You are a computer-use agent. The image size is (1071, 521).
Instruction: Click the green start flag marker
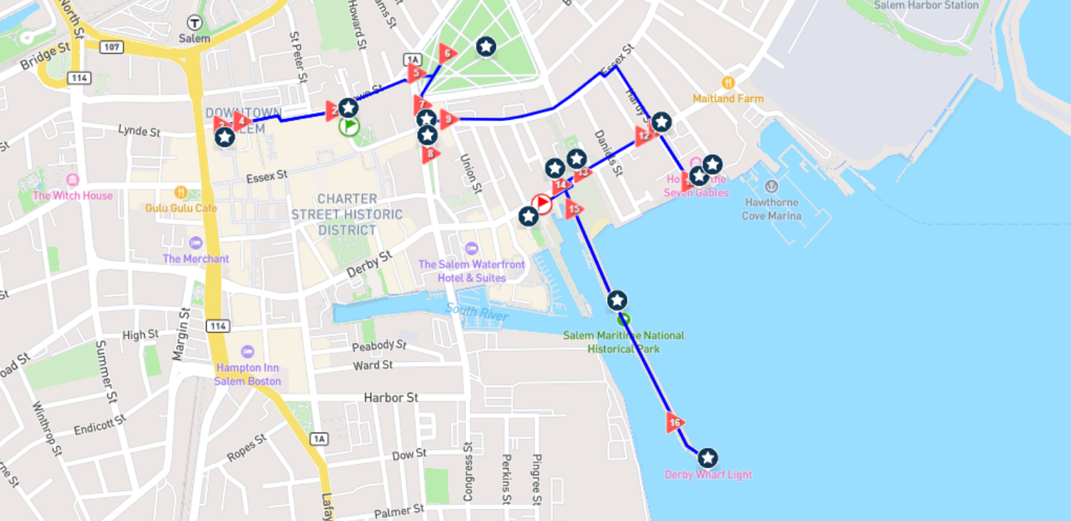(x=349, y=127)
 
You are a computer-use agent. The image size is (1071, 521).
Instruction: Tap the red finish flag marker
(x=542, y=205)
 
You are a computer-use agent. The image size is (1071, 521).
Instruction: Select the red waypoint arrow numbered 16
(x=675, y=423)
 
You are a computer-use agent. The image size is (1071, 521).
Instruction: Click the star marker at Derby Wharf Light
(x=707, y=458)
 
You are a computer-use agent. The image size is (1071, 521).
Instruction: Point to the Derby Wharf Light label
(x=708, y=475)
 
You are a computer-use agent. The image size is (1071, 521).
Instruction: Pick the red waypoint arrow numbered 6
(x=447, y=53)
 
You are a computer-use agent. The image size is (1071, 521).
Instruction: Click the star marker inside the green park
(x=486, y=47)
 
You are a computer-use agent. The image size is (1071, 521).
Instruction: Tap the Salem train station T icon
(x=195, y=22)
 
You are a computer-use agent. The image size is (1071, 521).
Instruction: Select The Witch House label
(x=73, y=195)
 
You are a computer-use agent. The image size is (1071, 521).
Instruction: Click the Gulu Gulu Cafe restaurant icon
(x=181, y=192)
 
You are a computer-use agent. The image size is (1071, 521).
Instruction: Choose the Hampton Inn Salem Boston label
(x=247, y=374)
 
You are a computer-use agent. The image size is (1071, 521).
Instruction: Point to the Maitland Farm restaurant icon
(x=728, y=83)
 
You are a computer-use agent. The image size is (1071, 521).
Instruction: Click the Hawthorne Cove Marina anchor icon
(x=771, y=187)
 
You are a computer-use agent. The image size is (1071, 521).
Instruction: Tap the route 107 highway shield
(x=113, y=47)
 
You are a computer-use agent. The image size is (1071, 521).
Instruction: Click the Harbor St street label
(x=390, y=397)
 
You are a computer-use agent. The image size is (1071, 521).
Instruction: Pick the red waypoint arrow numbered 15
(x=574, y=210)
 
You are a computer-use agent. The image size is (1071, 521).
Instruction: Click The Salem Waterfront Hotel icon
(x=471, y=248)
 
